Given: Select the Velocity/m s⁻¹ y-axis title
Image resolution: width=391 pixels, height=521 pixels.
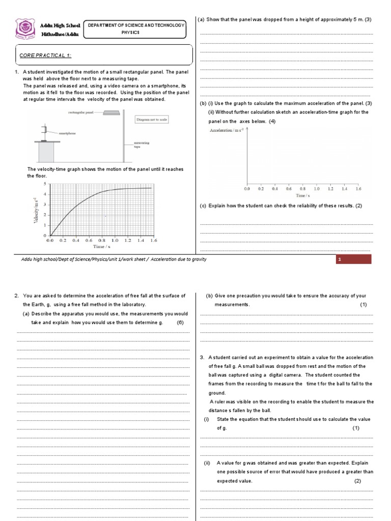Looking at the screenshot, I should (36, 210).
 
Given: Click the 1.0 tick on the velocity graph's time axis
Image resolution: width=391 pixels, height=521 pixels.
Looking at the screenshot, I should (114, 240).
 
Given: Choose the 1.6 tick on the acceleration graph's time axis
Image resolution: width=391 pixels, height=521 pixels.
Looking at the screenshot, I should (357, 188).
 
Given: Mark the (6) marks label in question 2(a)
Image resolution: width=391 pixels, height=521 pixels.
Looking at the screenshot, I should (180, 323).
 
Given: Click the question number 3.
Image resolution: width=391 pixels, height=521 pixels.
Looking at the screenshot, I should (202, 358).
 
